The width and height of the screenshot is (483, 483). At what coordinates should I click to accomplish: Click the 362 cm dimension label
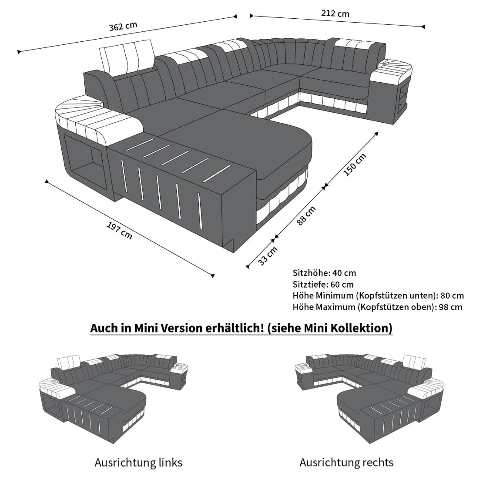[123, 26]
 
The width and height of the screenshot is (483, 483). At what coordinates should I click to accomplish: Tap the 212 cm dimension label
[335, 13]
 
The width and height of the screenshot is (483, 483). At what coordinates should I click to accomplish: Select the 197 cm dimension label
[120, 231]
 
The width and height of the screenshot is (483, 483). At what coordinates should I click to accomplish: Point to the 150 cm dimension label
[355, 164]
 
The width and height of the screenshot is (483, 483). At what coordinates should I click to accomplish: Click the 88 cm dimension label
[306, 216]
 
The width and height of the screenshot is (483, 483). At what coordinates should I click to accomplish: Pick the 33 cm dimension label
[268, 256]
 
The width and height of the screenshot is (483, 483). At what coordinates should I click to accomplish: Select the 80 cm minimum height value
[452, 295]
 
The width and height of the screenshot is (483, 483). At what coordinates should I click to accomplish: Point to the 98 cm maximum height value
[450, 307]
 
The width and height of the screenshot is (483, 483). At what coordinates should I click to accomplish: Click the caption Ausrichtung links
[138, 463]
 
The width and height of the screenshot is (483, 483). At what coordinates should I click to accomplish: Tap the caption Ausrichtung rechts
[346, 463]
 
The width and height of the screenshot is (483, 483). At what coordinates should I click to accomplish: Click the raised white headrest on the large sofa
[127, 56]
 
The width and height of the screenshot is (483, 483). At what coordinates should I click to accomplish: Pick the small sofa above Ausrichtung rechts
[369, 398]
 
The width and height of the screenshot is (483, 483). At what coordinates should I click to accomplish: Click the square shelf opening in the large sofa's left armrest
[85, 160]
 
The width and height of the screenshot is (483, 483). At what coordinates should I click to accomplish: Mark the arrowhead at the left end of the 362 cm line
[19, 52]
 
